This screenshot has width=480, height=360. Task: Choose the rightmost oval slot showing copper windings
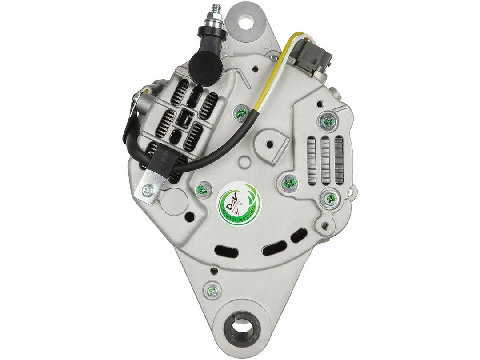298,236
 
